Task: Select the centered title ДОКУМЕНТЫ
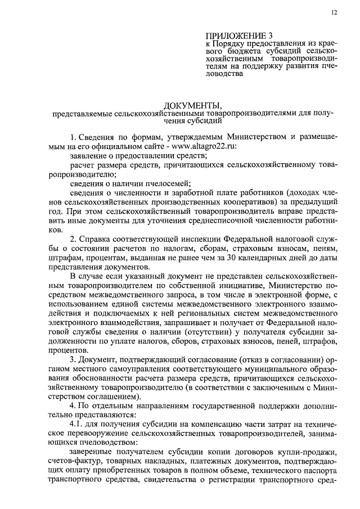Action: click(189, 104)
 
